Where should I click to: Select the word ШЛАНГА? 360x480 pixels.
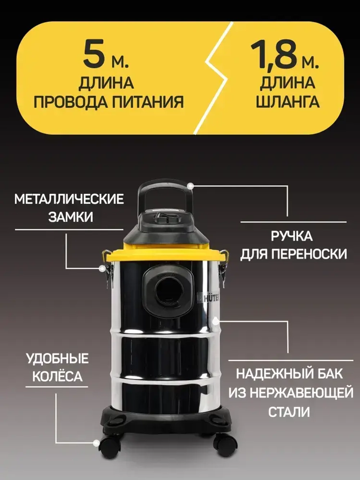pyautogui.click(x=288, y=102)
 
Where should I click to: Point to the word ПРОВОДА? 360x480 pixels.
pyautogui.click(x=69, y=102)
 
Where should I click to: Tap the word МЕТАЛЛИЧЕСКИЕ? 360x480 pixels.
pyautogui.click(x=69, y=199)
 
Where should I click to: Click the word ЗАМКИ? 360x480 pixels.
pyautogui.click(x=71, y=217)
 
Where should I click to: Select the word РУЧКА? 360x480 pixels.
pyautogui.click(x=292, y=237)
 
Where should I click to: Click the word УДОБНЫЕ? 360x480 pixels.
pyautogui.click(x=57, y=359)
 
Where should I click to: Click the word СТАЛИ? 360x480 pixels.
pyautogui.click(x=289, y=412)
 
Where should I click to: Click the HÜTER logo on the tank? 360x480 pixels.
pyautogui.click(x=210, y=297)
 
